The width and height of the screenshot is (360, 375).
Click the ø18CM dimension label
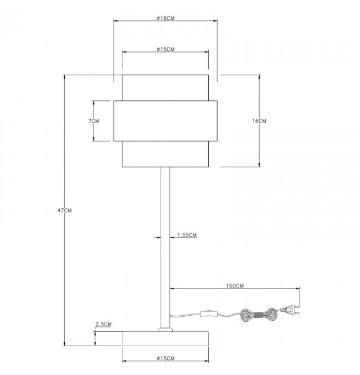pyautogui.click(x=166, y=18)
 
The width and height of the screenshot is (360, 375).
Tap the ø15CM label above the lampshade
pyautogui.click(x=166, y=49)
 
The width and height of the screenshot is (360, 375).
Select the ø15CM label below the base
pyautogui.click(x=166, y=358)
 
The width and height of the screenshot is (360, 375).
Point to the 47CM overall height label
pyautogui.click(x=64, y=210)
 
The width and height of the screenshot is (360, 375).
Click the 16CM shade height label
pyautogui.click(x=259, y=121)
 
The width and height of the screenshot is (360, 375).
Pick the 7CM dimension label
pyautogui.click(x=94, y=121)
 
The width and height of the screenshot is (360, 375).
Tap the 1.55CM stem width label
pyautogui.click(x=187, y=235)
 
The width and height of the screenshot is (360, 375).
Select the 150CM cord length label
pyautogui.click(x=235, y=286)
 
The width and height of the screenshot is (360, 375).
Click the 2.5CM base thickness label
pyautogui.click(x=104, y=324)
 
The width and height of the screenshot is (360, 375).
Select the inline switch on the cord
pyautogui.click(x=209, y=314)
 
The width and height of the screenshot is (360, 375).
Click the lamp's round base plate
pyautogui.click(x=165, y=338)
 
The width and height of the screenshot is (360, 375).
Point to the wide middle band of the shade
pyautogui.click(x=165, y=121)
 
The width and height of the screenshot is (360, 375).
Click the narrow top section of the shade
pyautogui.click(x=165, y=88)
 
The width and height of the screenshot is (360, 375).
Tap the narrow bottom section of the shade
pyautogui.click(x=165, y=154)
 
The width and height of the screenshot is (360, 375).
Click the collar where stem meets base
pyautogui.click(x=165, y=330)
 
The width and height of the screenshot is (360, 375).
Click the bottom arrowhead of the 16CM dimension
pyautogui.click(x=260, y=165)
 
